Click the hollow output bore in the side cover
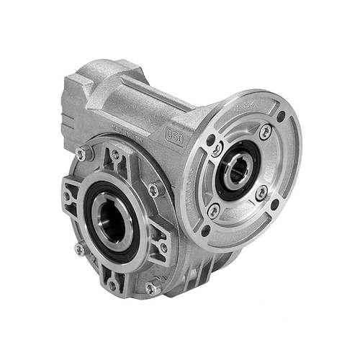[x=116, y=214]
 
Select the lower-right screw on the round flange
[x=262, y=190]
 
